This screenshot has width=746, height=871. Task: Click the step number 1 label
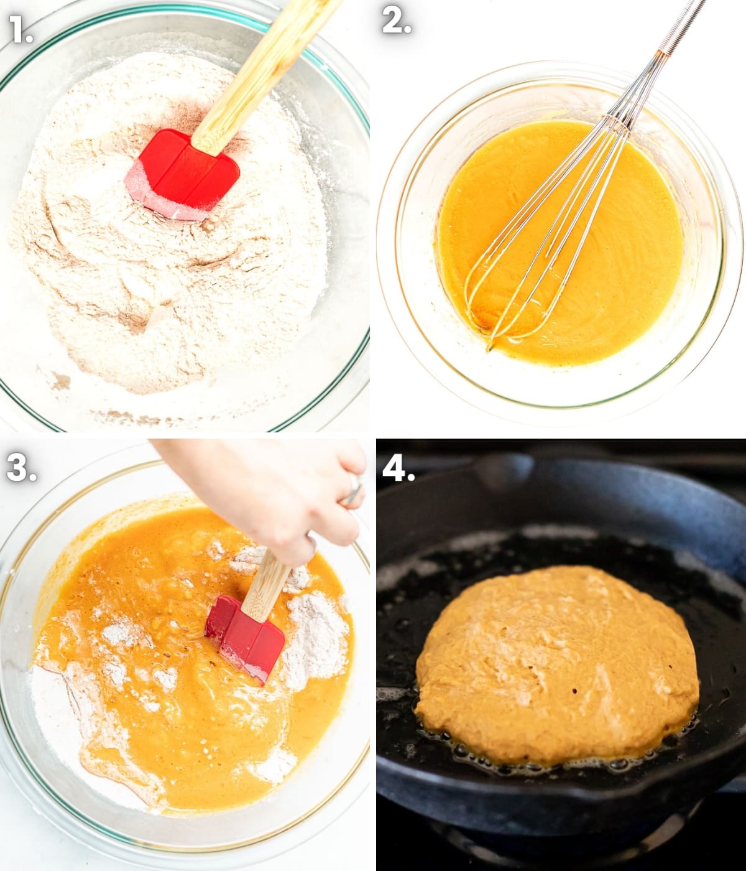coord(21,29)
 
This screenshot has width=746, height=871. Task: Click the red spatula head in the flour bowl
coord(182,174)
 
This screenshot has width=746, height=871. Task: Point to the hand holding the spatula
coord(269,497)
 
